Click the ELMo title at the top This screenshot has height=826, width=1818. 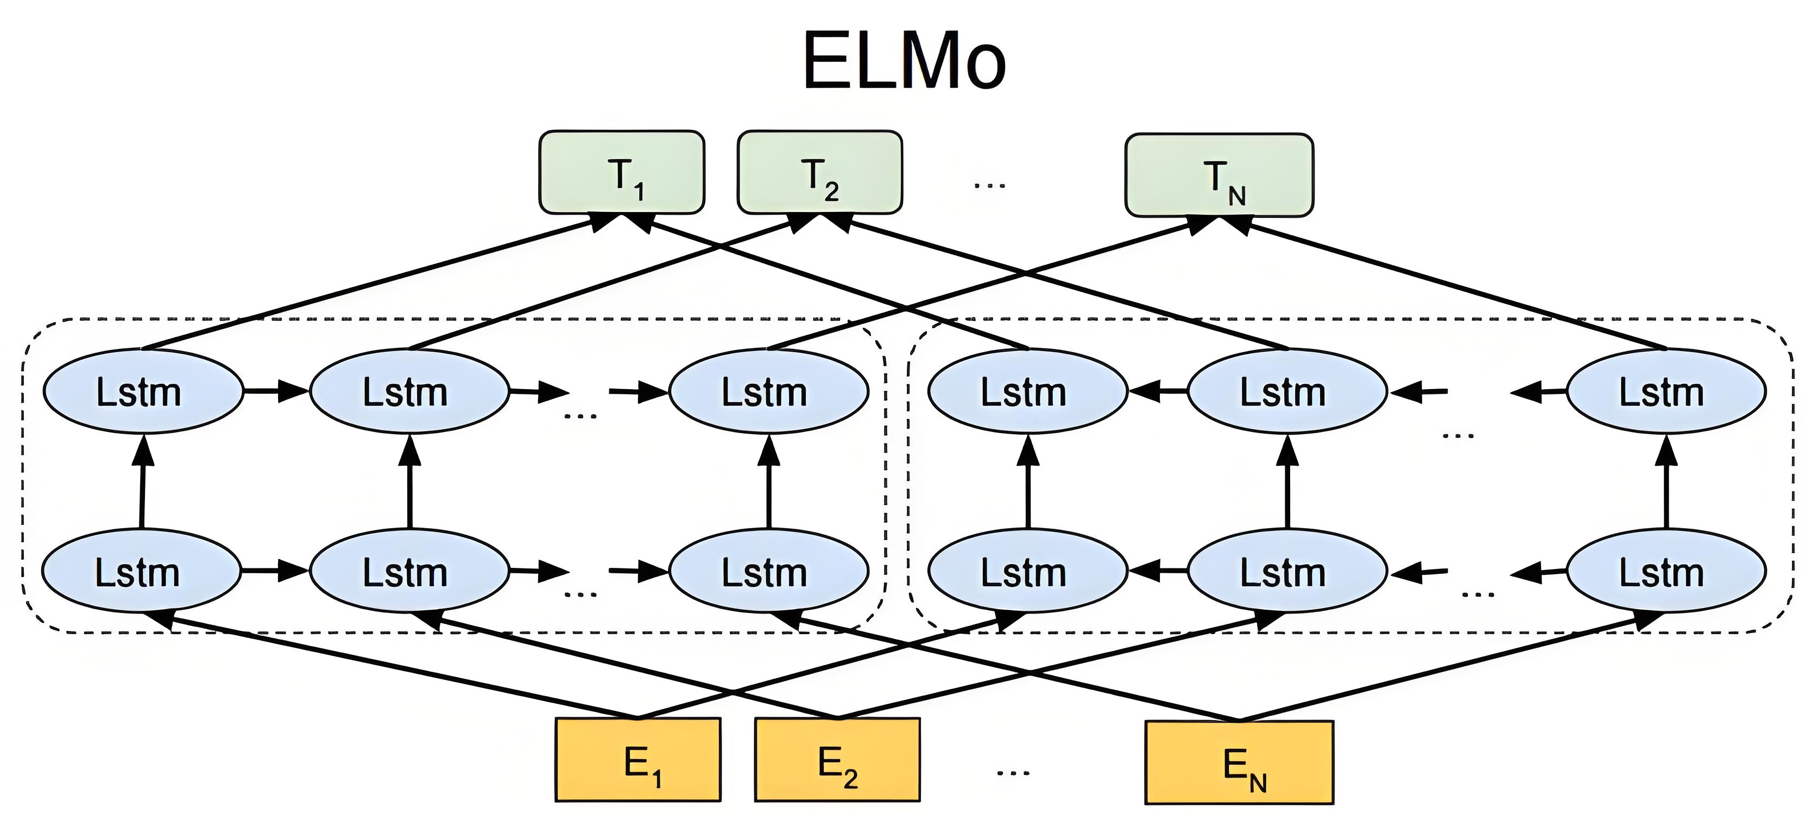pyautogui.click(x=904, y=61)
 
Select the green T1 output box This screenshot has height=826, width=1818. pyautogui.click(x=622, y=172)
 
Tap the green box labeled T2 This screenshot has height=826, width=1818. pyautogui.click(x=819, y=172)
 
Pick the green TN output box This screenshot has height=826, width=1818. pyautogui.click(x=1219, y=175)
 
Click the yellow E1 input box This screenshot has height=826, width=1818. pyautogui.click(x=638, y=760)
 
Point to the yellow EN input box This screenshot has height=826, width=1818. pyautogui.click(x=1239, y=762)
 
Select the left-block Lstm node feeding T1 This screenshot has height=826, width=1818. pyautogui.click(x=143, y=391)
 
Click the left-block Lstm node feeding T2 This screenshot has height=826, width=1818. pyautogui.click(x=409, y=391)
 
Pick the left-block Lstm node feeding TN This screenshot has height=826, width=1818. pyautogui.click(x=768, y=391)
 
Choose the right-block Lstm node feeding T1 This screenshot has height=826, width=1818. pyautogui.click(x=1027, y=391)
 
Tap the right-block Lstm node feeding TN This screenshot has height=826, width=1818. pyautogui.click(x=1666, y=391)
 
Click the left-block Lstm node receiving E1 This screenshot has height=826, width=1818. pyautogui.click(x=141, y=571)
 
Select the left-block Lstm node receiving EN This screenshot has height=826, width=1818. pyautogui.click(x=768, y=571)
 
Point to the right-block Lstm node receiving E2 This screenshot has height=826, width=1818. pyautogui.click(x=1287, y=571)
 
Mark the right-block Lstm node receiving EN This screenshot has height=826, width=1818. pyautogui.click(x=1666, y=571)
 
